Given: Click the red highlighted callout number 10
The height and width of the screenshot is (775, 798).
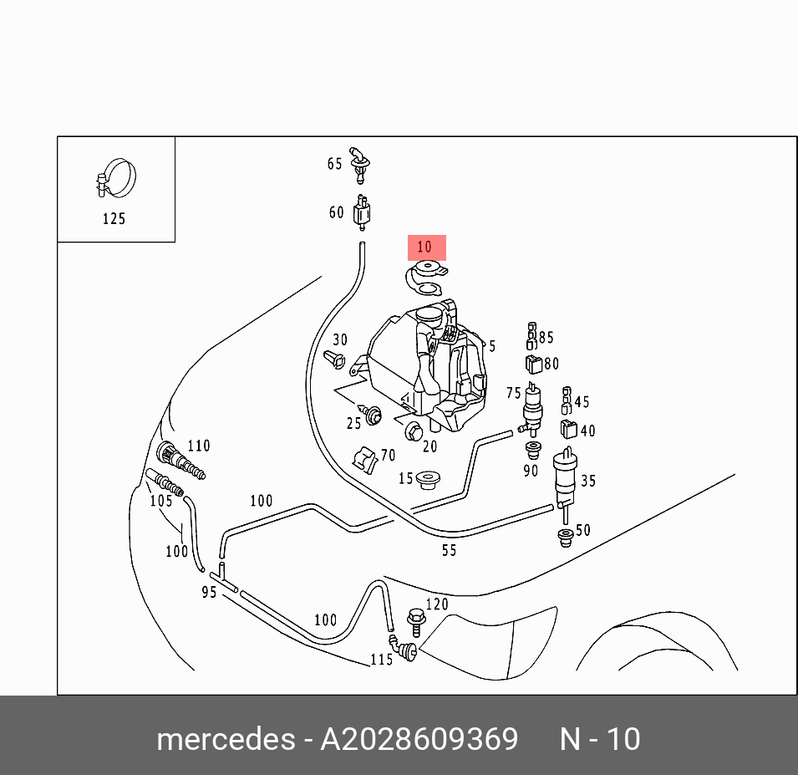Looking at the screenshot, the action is pos(426,247).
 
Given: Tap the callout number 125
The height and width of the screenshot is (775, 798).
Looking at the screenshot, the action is pos(114,219).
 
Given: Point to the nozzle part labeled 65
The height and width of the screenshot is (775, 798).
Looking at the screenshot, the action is pos(361,162).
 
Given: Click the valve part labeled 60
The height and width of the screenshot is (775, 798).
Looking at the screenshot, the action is pos(362,212).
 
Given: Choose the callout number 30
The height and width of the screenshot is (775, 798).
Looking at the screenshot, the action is pos(340,339).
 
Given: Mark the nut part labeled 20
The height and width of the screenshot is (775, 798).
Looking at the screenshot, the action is pos(414,431).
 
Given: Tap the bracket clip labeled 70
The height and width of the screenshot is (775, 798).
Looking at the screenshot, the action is pos(363,457).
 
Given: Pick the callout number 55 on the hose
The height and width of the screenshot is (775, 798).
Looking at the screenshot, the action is pos(449,550).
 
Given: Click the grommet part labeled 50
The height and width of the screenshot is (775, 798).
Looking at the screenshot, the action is pos(565,535).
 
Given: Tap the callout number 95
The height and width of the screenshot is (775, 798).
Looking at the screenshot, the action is pos(209,592).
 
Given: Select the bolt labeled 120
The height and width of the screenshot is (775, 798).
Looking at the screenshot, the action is pos(414,620).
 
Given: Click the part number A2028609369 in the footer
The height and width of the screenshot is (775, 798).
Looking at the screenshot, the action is pos(419,739).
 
